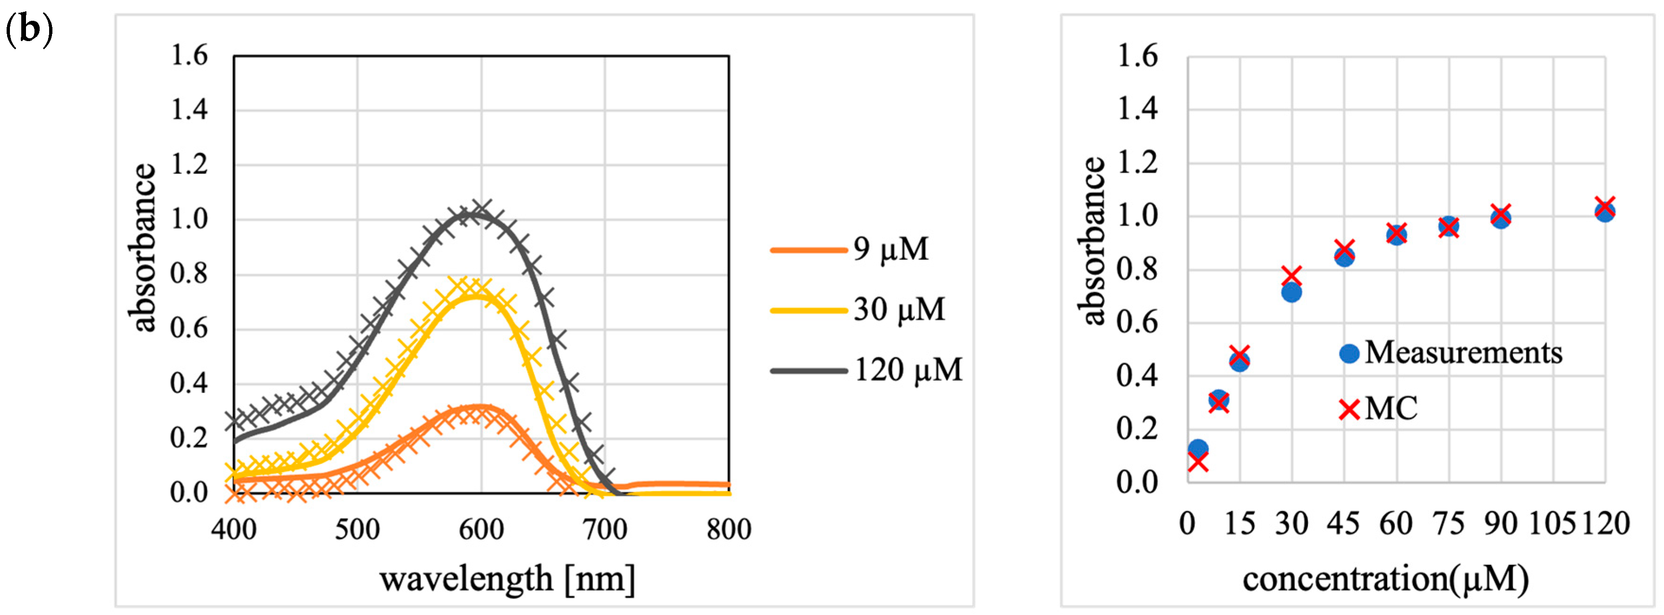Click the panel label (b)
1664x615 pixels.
(28, 30)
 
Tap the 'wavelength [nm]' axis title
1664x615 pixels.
(507, 578)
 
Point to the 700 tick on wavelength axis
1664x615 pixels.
(605, 530)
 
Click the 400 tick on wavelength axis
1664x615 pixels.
(234, 530)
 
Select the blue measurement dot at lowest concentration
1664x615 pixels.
(1198, 448)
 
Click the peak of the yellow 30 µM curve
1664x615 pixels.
(477, 296)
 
